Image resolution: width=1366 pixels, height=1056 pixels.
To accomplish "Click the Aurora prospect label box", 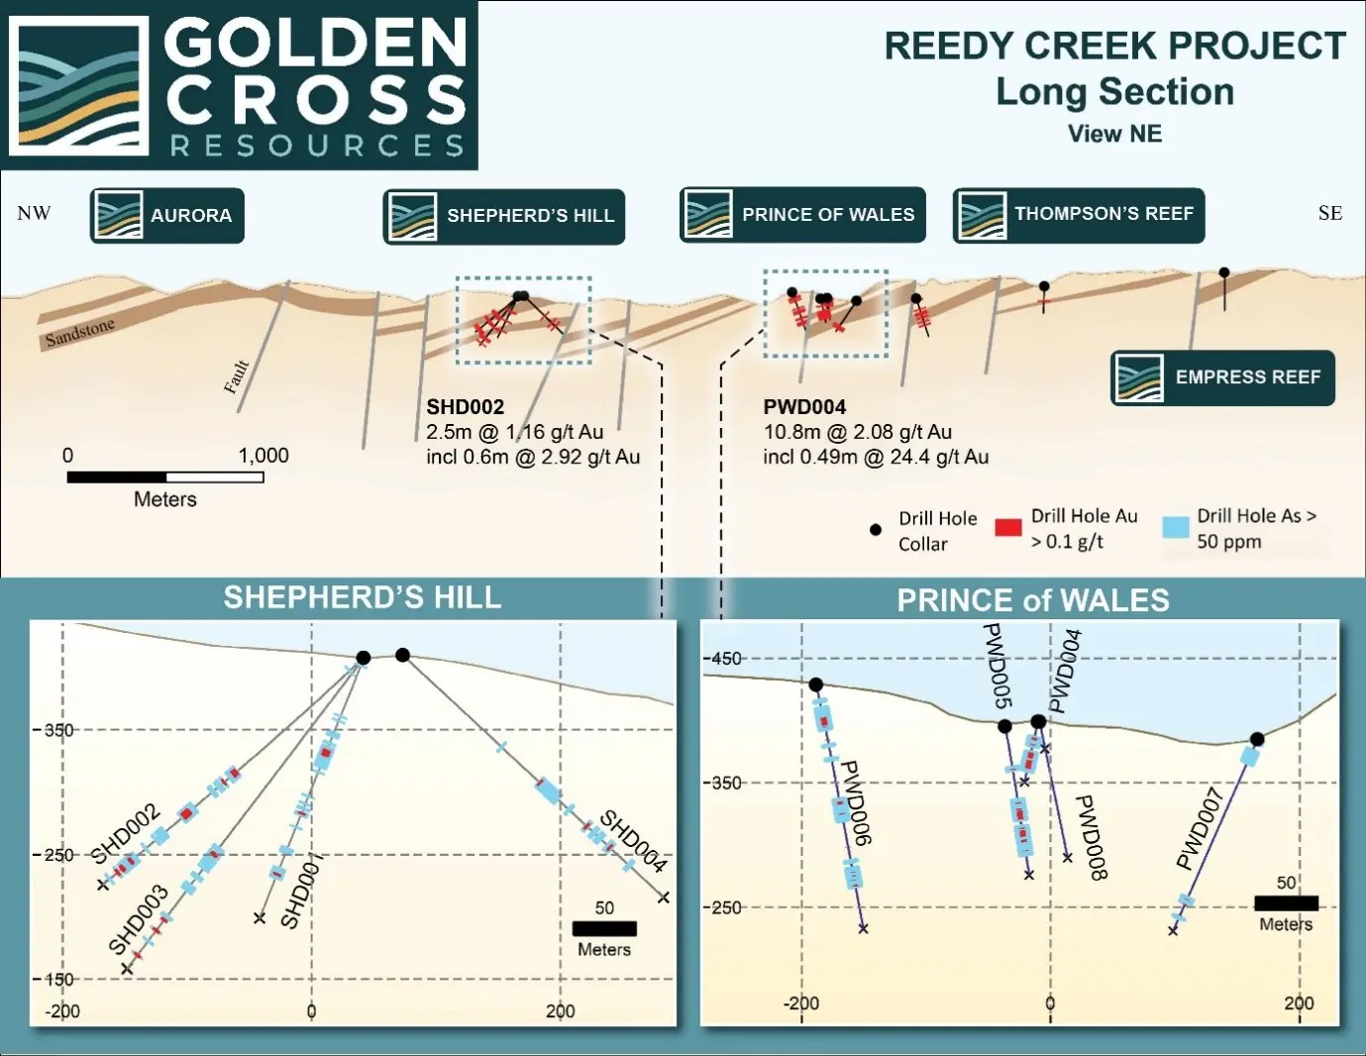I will coord(167,215).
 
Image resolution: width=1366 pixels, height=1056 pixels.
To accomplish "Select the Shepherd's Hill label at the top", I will coord(504,216).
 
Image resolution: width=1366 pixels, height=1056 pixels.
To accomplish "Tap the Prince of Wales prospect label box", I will coord(802,214).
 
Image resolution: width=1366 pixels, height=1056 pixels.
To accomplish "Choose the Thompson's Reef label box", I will coord(1079,214).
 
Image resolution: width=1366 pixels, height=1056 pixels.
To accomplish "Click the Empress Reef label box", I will coord(1222,377).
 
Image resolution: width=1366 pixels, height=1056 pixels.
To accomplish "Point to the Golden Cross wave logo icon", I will coord(79,85).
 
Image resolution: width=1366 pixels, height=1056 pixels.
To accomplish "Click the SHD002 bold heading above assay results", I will coord(465,407).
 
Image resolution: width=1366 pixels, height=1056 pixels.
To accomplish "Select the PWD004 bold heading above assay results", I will coord(804,407).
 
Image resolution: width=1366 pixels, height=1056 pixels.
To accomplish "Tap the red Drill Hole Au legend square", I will coord(1007,527).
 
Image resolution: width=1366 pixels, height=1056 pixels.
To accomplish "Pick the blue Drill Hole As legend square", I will coord(1175,527).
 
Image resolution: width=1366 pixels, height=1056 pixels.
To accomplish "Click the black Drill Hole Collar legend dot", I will coord(875,530).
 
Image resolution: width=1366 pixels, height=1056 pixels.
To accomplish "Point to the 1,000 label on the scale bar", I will coord(263,456).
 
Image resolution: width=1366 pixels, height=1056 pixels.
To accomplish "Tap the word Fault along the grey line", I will coord(236,376).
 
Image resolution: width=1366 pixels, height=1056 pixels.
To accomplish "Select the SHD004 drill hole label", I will coord(632,841).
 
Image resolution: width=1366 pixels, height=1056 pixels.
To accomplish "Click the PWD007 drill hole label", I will coord(1200,828).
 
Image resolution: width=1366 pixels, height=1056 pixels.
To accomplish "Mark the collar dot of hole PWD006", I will coord(815,685).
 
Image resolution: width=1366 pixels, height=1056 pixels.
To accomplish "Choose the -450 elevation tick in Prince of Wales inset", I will coord(724,659).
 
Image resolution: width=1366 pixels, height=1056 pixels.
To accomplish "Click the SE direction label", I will coord(1329,213).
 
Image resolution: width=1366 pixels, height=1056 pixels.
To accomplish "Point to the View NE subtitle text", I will coord(1114,134).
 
